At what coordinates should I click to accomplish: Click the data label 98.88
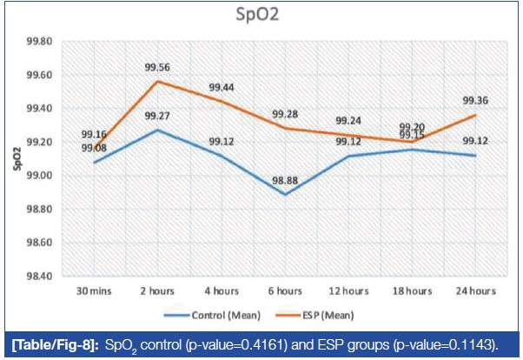click(287, 180)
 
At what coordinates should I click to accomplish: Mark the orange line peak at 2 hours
click(158, 82)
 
